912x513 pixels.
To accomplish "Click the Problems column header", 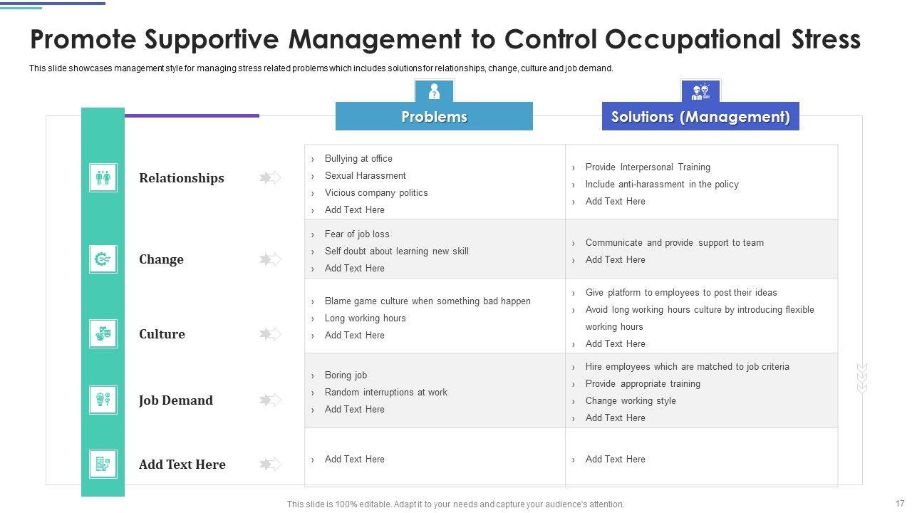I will [434, 116].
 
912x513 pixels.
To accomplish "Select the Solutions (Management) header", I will [700, 116].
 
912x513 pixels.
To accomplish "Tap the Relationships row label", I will [181, 178].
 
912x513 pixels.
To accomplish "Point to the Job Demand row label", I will [175, 400].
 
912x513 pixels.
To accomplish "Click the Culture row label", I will [162, 334].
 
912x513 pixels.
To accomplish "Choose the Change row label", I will [161, 259].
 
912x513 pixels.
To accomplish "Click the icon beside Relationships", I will [103, 177].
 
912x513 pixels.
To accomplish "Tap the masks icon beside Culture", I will [103, 333].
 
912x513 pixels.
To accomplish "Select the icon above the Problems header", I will [434, 91].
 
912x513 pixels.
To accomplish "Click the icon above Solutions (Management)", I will [700, 91].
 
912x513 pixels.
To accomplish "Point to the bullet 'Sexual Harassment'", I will [365, 176].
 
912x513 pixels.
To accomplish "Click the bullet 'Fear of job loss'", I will [357, 234].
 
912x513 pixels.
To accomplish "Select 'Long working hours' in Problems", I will [365, 318].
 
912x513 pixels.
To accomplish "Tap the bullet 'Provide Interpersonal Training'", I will [648, 167].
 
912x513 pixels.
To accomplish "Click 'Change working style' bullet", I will [631, 401].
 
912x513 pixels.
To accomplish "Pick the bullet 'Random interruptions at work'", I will [385, 393].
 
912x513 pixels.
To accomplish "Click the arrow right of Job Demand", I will [270, 400].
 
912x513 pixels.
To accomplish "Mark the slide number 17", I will [899, 503].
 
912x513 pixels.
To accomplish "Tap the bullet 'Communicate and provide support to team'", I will [674, 243].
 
